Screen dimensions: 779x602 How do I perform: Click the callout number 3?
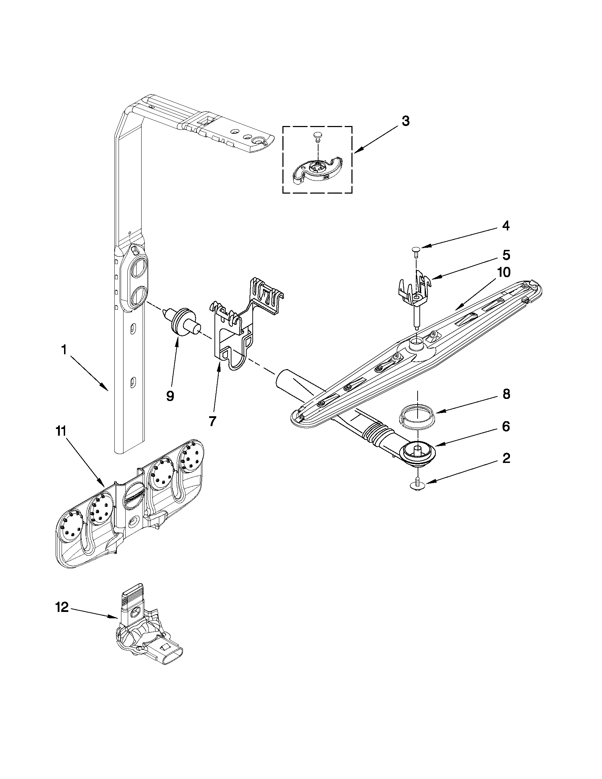pyautogui.click(x=406, y=121)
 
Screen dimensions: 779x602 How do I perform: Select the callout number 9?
pyautogui.click(x=170, y=396)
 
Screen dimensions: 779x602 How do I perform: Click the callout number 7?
pyautogui.click(x=212, y=421)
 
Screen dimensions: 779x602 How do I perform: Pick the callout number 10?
pyautogui.click(x=504, y=272)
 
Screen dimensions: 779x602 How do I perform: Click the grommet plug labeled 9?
pyautogui.click(x=183, y=317)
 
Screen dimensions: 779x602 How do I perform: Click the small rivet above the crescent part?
pyautogui.click(x=316, y=136)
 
